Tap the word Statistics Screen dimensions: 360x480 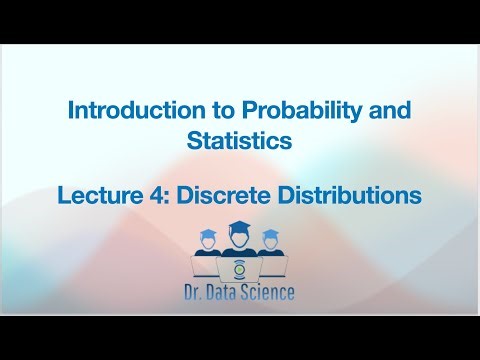click(239, 141)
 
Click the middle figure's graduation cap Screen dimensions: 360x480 click(239, 227)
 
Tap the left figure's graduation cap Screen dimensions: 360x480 click(208, 235)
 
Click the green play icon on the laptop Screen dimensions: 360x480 click(239, 270)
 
